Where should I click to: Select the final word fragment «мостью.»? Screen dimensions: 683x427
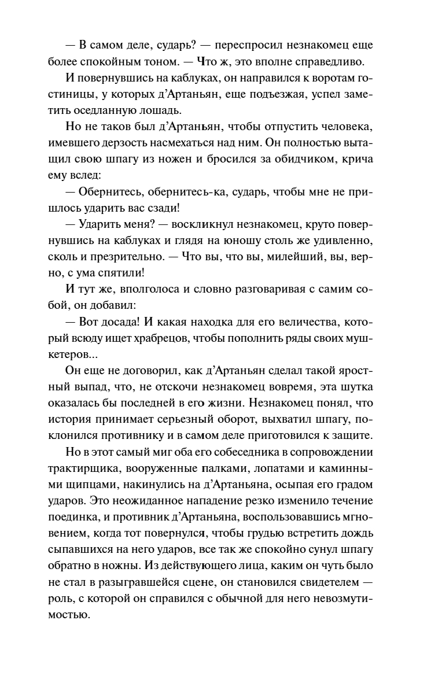[74, 614]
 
